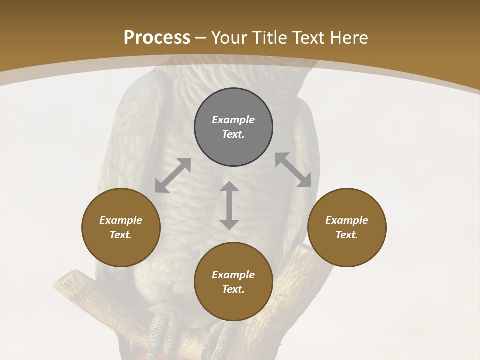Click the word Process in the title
157,38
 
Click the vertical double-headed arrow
229,205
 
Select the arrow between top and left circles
173,175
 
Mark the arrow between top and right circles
293,170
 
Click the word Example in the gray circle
233,120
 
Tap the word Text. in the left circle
121,235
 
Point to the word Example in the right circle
347,220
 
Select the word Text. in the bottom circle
233,289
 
